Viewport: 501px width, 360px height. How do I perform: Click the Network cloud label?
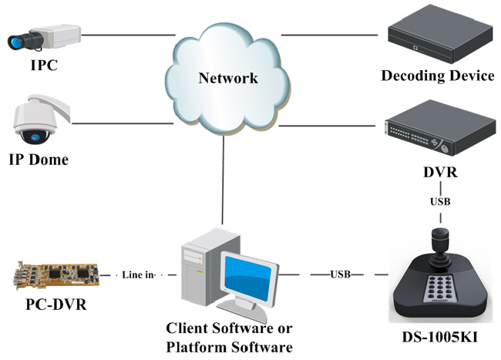pyautogui.click(x=227, y=79)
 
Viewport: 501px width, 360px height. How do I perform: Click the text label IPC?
pyautogui.click(x=43, y=66)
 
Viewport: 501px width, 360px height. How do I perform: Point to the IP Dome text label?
pyautogui.click(x=39, y=160)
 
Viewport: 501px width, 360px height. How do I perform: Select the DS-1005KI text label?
pyautogui.click(x=438, y=335)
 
